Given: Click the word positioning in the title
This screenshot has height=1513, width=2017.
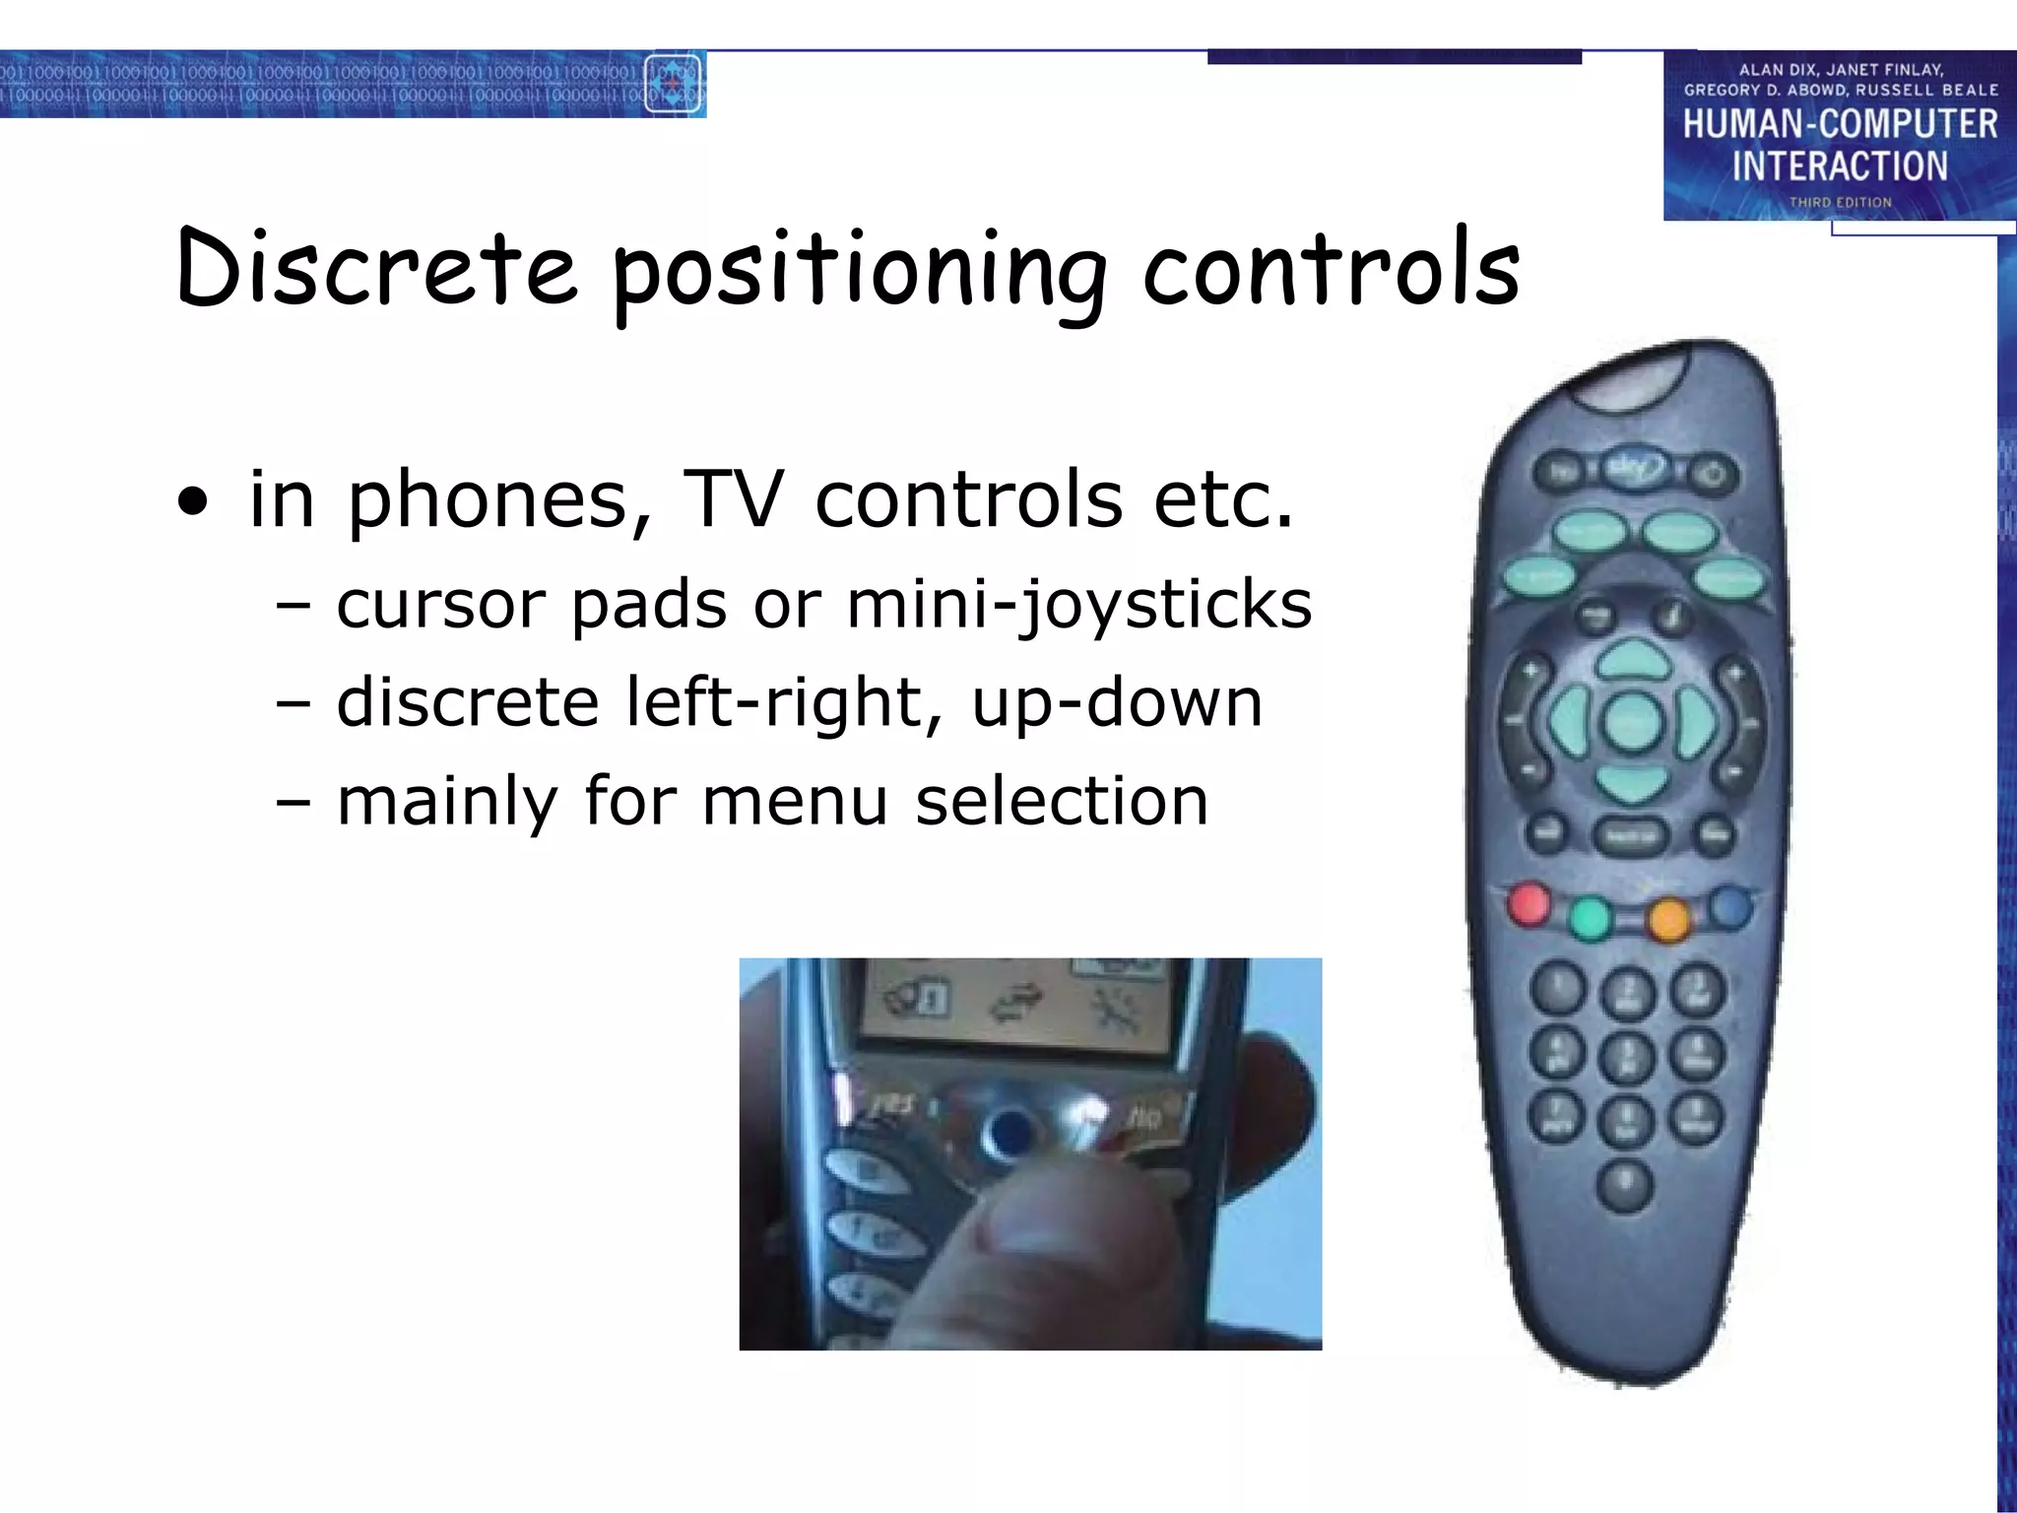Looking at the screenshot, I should tap(859, 271).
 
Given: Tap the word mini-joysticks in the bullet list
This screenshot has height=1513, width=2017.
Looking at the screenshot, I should tap(1079, 604).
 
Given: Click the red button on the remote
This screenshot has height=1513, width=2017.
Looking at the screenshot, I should tap(1529, 904).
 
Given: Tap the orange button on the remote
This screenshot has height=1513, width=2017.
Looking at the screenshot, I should tap(1668, 919).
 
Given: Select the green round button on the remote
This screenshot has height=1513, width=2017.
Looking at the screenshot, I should tap(1590, 918).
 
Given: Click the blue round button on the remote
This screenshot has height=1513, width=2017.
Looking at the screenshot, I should tap(1730, 906).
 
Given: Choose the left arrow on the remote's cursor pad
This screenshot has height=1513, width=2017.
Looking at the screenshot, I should tap(1569, 722).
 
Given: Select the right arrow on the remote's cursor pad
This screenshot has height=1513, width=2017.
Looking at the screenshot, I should tap(1696, 722).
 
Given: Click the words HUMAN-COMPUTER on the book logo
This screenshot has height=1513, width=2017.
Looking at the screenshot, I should tap(1840, 124).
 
